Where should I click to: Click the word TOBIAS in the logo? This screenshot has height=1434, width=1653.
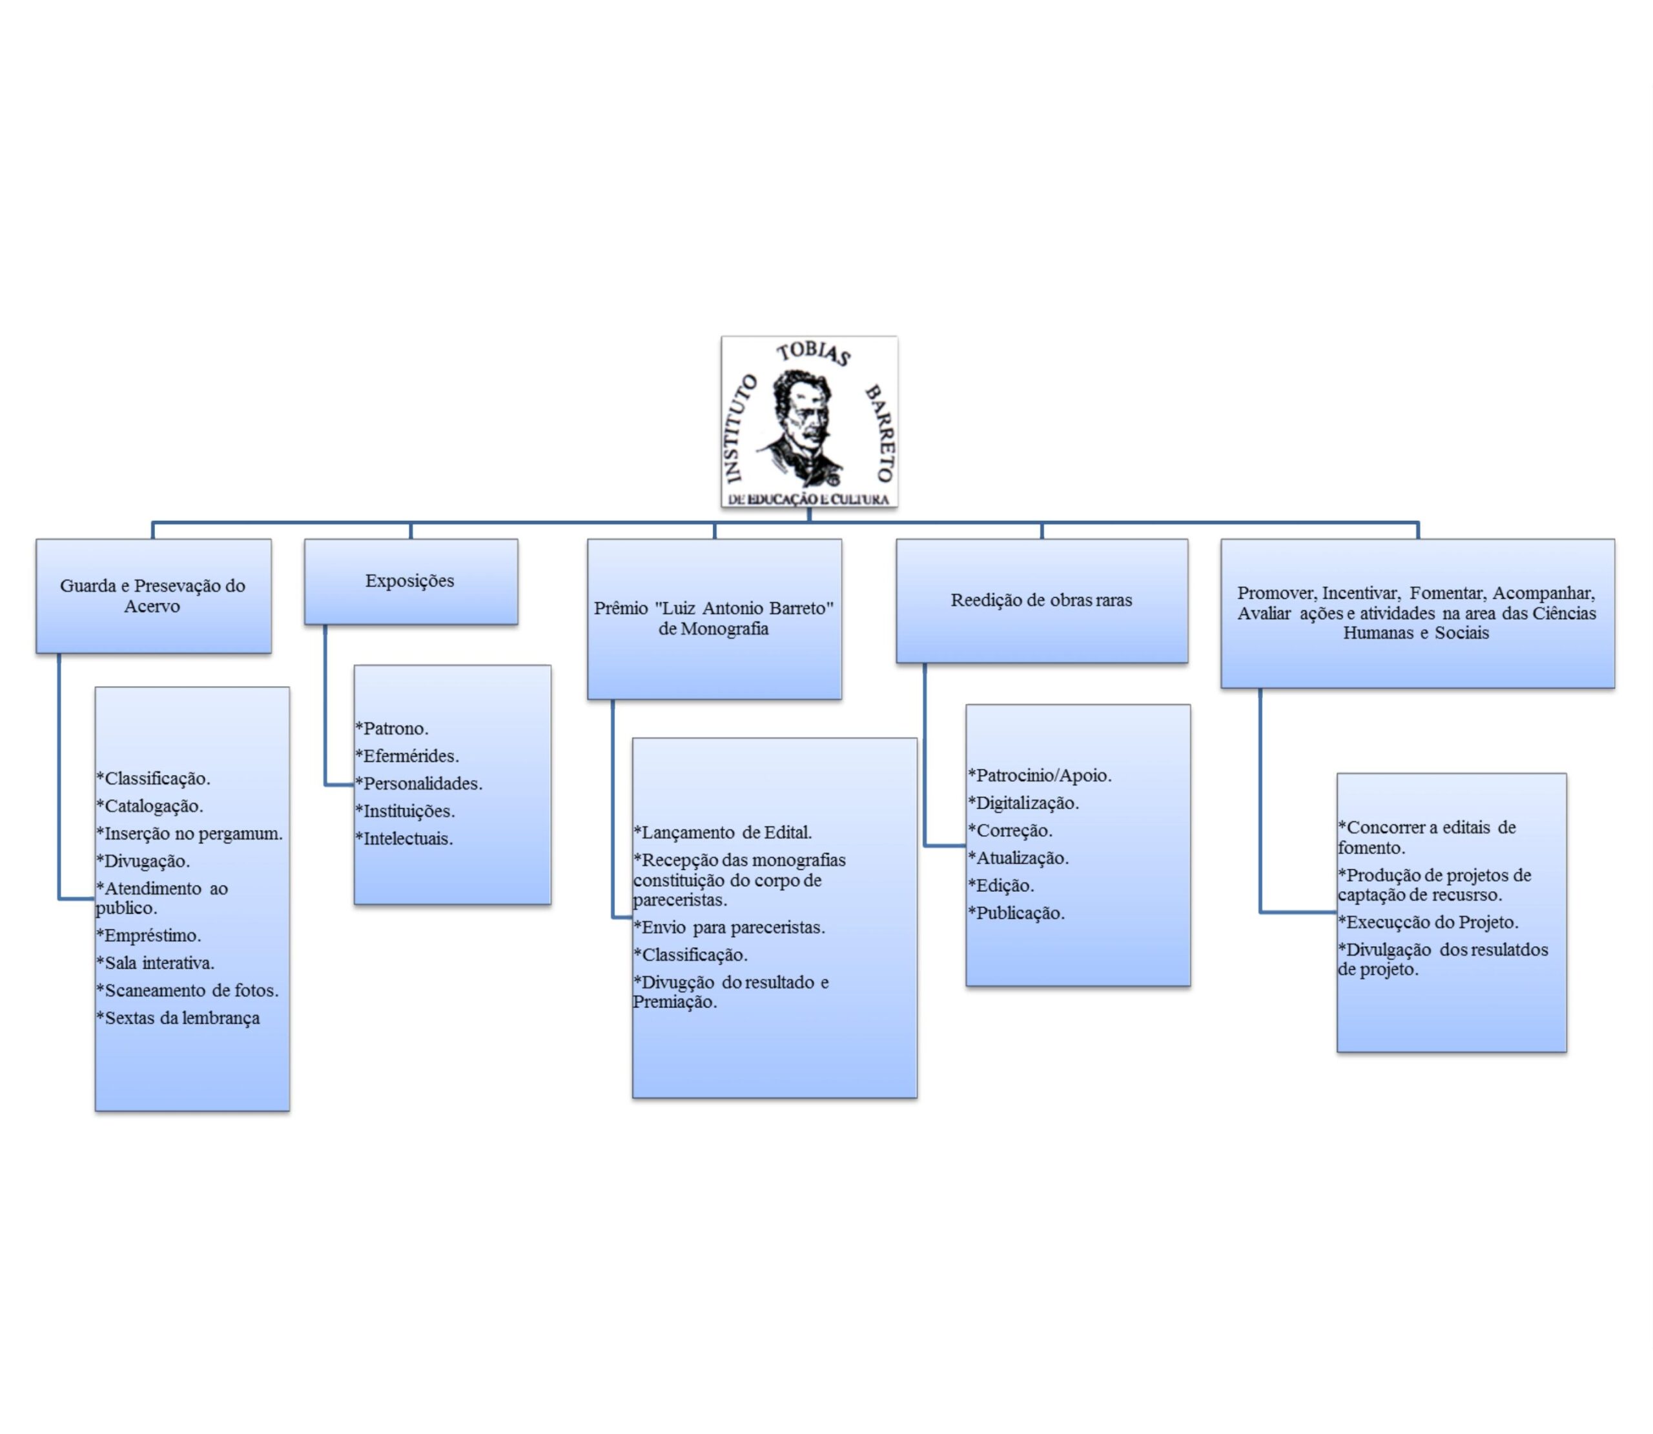(812, 353)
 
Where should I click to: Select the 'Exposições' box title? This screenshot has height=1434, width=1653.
(410, 581)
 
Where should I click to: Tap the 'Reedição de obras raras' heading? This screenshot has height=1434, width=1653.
(1041, 600)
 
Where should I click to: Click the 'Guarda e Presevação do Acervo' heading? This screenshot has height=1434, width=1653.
(152, 596)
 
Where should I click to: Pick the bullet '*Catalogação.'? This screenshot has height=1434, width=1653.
(150, 806)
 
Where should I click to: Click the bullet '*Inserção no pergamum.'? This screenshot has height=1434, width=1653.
(190, 833)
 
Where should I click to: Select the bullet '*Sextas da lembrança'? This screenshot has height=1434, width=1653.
(178, 1018)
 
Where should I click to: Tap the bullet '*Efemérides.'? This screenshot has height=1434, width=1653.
(407, 756)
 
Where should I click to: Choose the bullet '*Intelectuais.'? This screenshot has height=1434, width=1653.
(404, 838)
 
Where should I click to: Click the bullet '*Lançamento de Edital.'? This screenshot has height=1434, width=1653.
(723, 833)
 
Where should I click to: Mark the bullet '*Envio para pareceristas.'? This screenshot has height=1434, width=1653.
(729, 927)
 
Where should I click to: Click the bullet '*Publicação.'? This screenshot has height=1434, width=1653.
(1016, 913)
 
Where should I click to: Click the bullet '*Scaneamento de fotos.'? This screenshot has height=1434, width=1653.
(188, 990)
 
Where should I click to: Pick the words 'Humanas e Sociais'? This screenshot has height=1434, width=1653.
(1415, 633)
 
